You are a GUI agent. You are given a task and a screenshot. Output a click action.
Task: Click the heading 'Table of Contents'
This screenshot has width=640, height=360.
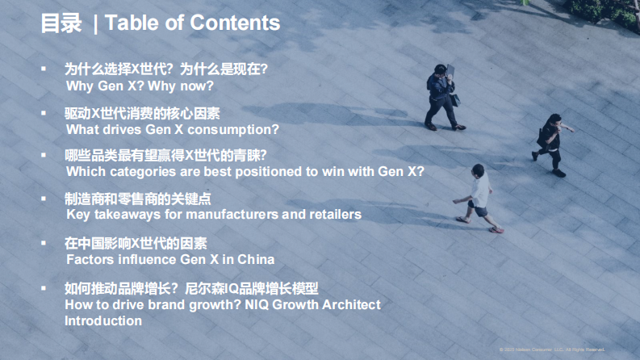click(x=192, y=23)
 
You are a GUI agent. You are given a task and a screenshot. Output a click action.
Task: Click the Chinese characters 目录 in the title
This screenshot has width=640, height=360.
click(x=61, y=23)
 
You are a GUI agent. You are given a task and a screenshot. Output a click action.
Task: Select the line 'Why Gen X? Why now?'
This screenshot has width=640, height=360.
click(x=140, y=85)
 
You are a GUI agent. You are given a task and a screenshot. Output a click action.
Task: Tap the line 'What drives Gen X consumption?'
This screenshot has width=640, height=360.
click(x=172, y=128)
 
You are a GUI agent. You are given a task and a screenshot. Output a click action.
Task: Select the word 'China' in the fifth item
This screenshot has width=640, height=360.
click(x=256, y=259)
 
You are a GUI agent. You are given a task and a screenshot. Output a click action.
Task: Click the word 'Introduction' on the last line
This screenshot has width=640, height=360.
click(x=103, y=320)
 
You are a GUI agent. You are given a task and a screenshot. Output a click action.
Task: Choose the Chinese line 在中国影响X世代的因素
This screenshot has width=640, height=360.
click(x=136, y=243)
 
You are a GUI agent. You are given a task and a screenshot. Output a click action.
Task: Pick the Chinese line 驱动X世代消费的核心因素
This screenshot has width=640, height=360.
click(x=141, y=113)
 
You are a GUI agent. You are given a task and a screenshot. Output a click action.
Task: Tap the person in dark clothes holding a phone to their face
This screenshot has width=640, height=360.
click(x=443, y=95)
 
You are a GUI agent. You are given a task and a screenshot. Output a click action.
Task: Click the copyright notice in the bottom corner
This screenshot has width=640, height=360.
click(x=552, y=349)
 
